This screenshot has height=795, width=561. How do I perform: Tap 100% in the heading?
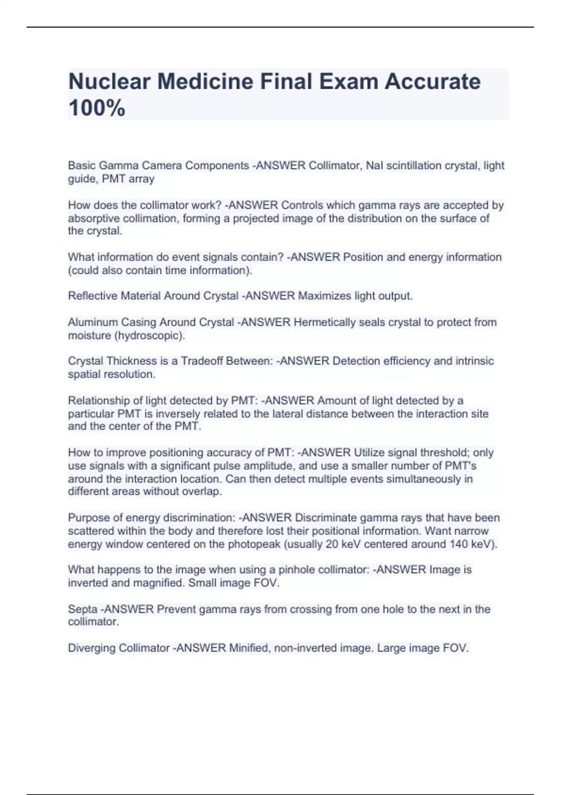[97, 108]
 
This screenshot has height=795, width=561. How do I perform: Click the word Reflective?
[93, 296]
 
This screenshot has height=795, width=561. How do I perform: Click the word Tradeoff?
[202, 361]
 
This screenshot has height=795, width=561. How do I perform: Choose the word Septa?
[84, 609]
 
